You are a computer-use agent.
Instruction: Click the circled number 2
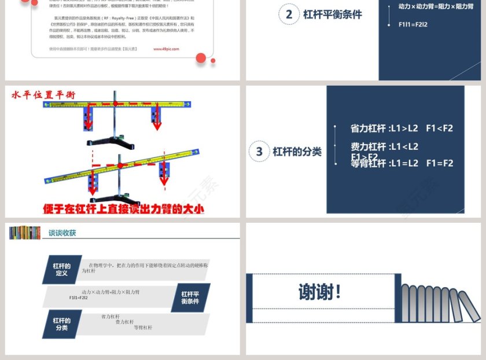tap(289, 14)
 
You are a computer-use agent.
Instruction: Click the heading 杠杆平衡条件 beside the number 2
tap(332, 14)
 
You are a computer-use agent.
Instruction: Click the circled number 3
tap(259, 152)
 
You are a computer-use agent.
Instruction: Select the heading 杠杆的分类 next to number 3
tap(297, 152)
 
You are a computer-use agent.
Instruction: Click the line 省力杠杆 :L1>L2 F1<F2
tap(402, 128)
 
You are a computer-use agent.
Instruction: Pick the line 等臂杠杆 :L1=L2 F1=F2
tap(402, 164)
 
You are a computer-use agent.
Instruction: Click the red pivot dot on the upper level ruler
tap(115, 104)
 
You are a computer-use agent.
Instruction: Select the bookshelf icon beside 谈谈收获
tap(25, 233)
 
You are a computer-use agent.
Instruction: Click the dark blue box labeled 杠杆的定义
tap(62, 270)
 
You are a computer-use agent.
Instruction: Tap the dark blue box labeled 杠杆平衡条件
tap(190, 297)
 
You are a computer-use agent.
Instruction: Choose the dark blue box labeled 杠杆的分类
tap(62, 324)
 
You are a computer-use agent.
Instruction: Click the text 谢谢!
tap(320, 292)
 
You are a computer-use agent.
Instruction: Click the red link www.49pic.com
tap(166, 49)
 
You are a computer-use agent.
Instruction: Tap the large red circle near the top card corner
tap(201, 57)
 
